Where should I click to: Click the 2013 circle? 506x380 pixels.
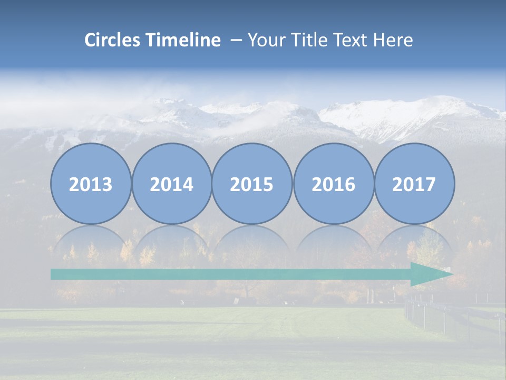(x=91, y=184)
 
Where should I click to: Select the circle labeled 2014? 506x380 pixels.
(x=171, y=184)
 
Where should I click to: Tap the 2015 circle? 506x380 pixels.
(x=252, y=184)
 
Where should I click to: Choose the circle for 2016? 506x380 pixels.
(x=333, y=184)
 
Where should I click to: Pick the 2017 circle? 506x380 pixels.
(x=414, y=184)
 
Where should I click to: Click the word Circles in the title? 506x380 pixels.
(x=113, y=40)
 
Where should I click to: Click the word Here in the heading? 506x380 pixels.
(x=393, y=40)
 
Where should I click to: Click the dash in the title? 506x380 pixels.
(x=236, y=41)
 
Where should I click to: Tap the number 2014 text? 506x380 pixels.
(x=171, y=185)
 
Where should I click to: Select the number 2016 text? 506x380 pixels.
(x=333, y=185)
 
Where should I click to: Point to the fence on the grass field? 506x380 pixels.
(x=453, y=317)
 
